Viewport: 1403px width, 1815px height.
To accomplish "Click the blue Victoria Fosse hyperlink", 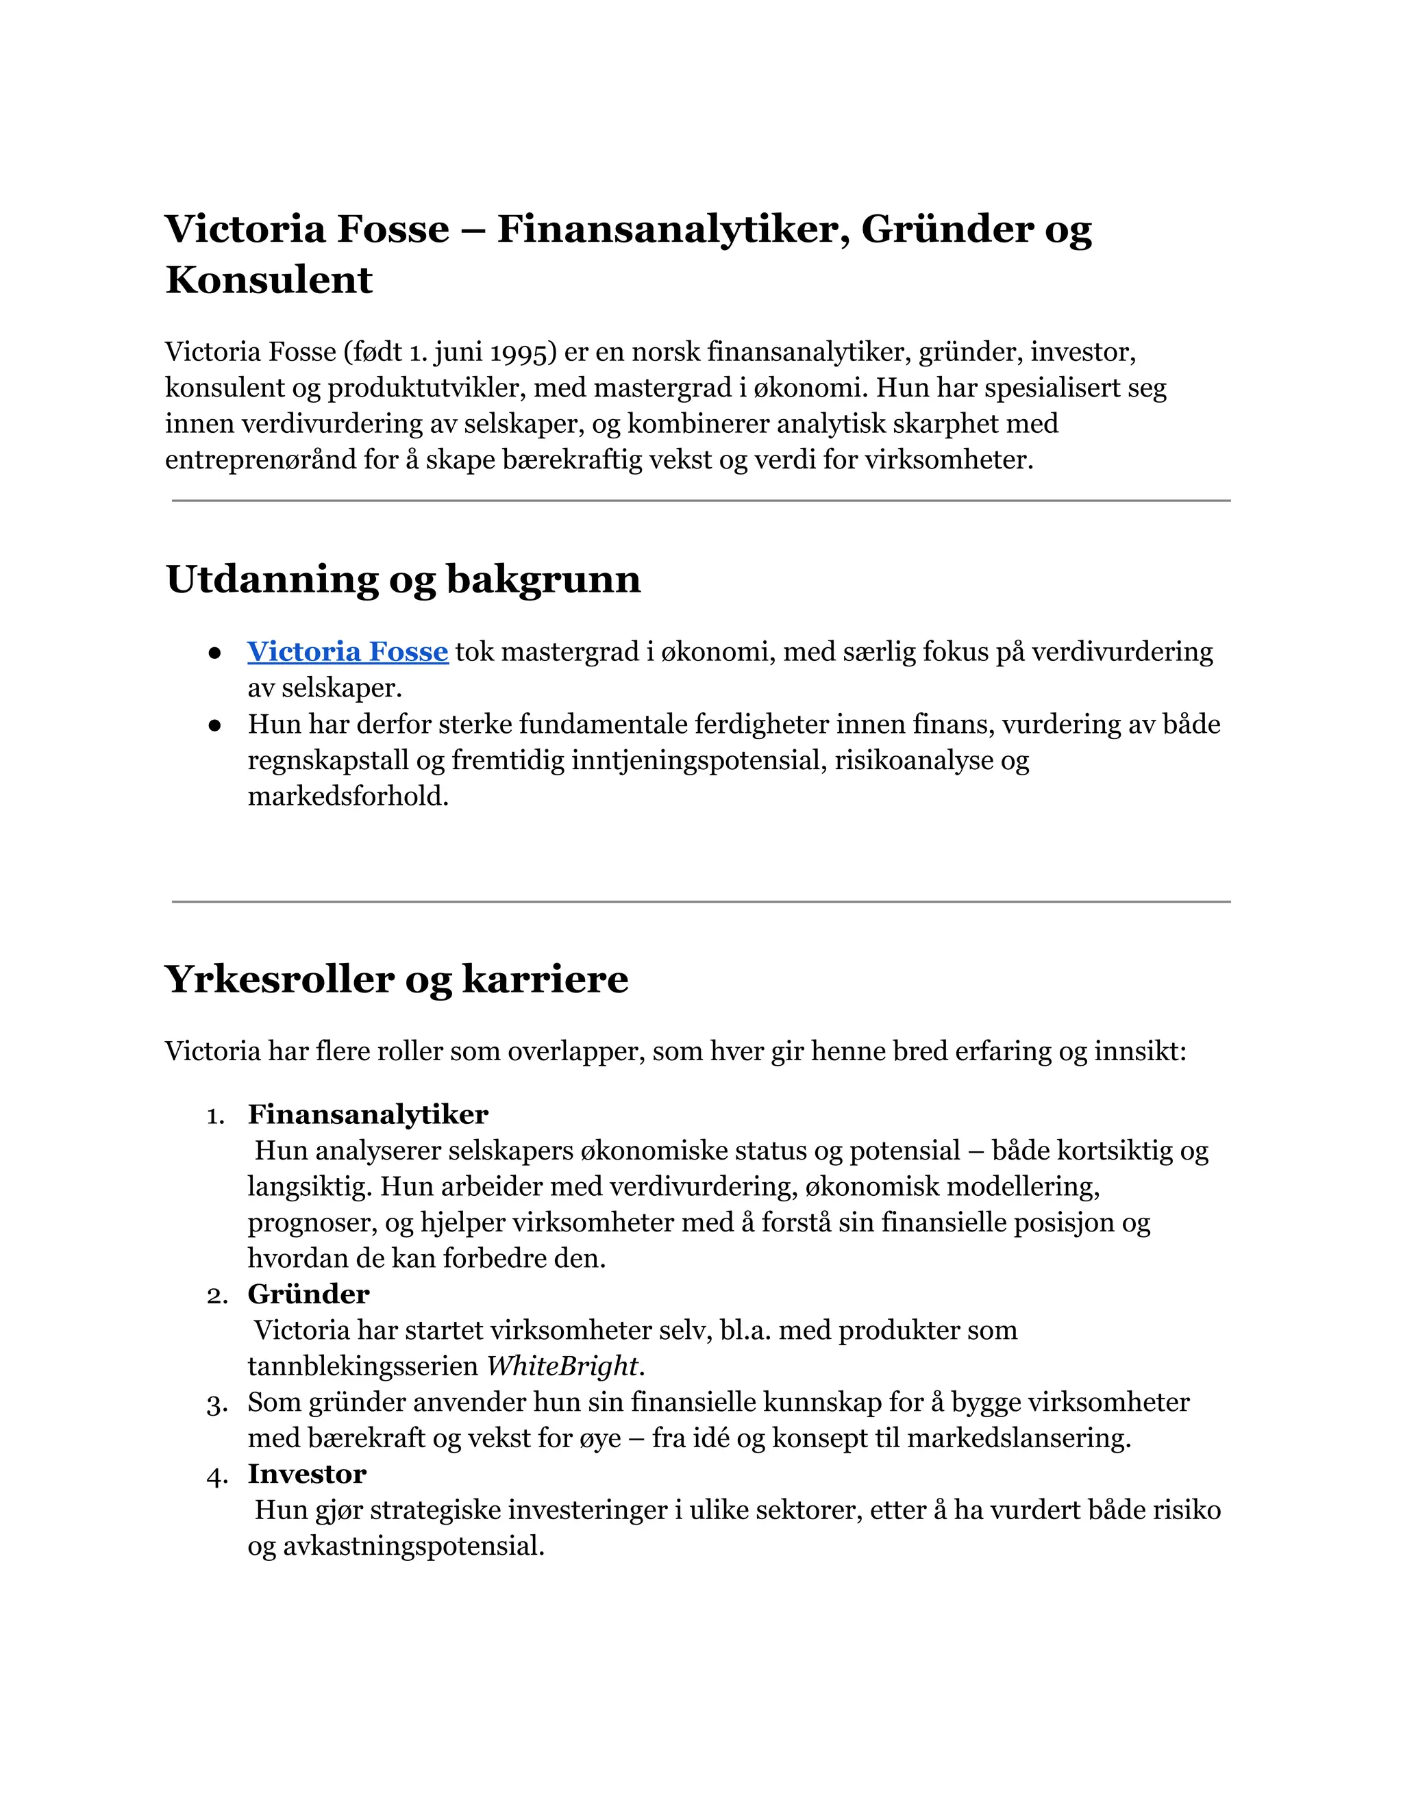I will [x=347, y=651].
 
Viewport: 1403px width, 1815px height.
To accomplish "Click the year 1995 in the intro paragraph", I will [x=521, y=352].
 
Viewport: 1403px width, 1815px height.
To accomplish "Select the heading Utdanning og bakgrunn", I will [x=403, y=579].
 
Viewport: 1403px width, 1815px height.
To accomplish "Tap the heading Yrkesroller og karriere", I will [x=397, y=979].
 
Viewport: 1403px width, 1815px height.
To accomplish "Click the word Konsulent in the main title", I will [x=269, y=279].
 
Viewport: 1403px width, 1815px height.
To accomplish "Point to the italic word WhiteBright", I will [x=562, y=1366].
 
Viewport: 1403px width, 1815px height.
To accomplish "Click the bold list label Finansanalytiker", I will [x=367, y=1114].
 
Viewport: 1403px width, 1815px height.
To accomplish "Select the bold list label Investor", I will [x=307, y=1473].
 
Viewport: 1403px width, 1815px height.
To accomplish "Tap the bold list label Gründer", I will [x=308, y=1294].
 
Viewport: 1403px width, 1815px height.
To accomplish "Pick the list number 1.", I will [x=214, y=1116].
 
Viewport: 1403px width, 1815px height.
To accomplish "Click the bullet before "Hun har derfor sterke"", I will [x=215, y=725].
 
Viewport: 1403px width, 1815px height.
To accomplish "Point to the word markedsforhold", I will [x=347, y=796].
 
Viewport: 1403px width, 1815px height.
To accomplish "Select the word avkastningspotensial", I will [x=413, y=1546].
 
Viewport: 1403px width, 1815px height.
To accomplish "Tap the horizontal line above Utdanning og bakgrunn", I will [x=701, y=501].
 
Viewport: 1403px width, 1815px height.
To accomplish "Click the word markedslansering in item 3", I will [x=1018, y=1438].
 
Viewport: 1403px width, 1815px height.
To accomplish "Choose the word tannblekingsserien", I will [x=363, y=1366].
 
